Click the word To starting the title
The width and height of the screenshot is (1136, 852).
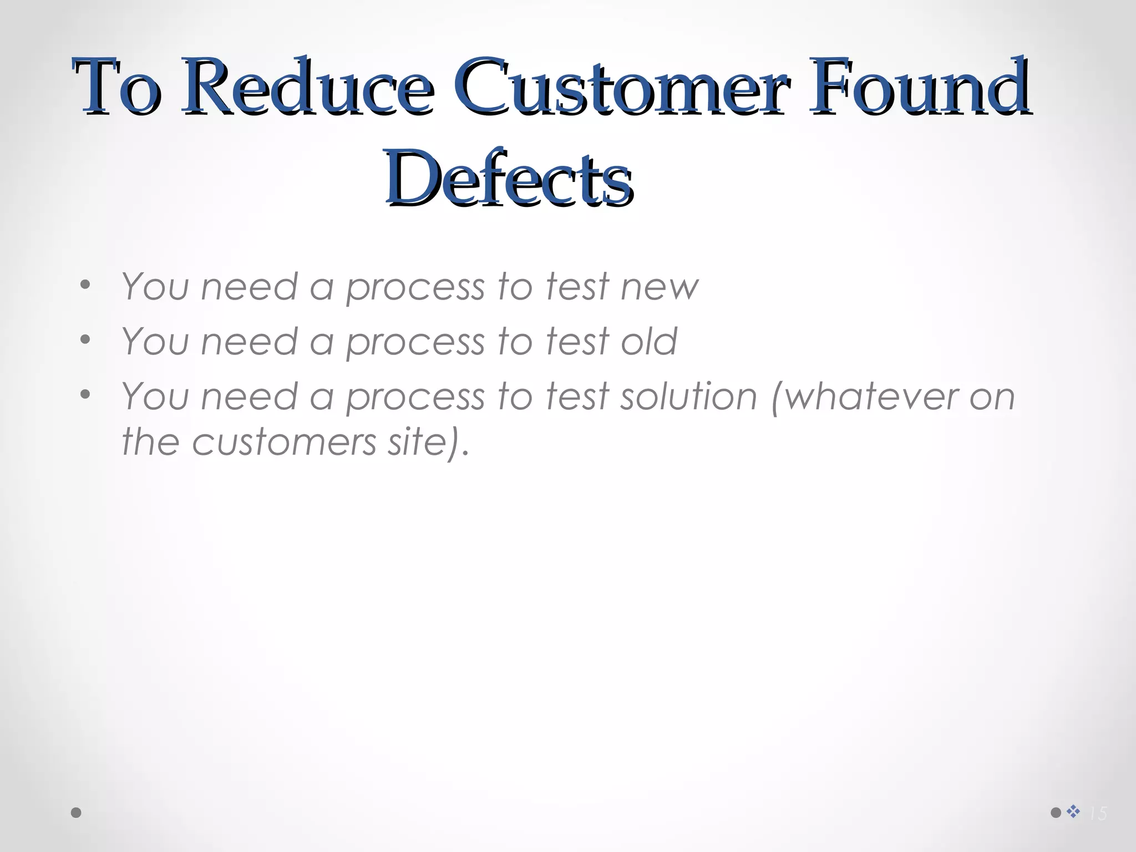pyautogui.click(x=117, y=88)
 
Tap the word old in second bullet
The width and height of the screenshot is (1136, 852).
pyautogui.click(x=648, y=342)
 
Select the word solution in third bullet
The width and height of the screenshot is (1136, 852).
pyautogui.click(x=688, y=397)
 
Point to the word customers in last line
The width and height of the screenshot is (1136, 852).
pyautogui.click(x=284, y=443)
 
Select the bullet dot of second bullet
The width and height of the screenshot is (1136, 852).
pyautogui.click(x=85, y=339)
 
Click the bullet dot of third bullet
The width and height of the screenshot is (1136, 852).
pyautogui.click(x=85, y=394)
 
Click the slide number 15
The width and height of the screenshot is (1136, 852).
pyautogui.click(x=1098, y=814)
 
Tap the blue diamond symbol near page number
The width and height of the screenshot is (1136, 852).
pyautogui.click(x=1073, y=812)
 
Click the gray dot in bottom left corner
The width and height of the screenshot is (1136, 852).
pyautogui.click(x=77, y=813)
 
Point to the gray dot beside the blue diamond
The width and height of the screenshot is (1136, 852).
pyautogui.click(x=1056, y=813)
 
